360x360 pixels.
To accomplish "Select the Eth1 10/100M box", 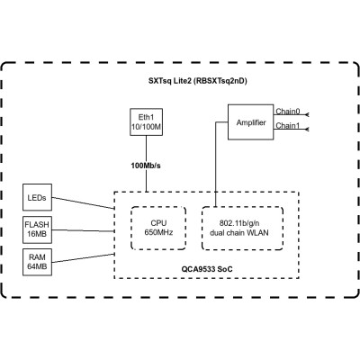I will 145,123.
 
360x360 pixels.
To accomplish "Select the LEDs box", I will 38,196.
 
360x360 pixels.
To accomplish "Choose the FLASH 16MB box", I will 38,229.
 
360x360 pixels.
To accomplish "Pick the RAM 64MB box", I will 38,262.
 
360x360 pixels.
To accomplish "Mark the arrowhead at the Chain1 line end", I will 308,130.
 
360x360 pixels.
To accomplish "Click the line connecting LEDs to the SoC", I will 83,202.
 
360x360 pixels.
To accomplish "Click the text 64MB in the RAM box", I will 38,267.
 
